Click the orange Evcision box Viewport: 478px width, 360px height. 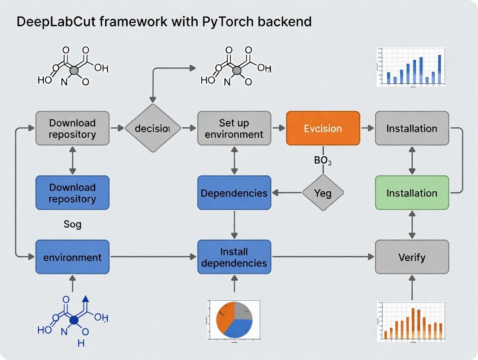(323, 128)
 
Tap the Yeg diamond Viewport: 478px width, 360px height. (323, 193)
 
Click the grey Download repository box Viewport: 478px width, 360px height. (72, 128)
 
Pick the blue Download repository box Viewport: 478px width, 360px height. (72, 193)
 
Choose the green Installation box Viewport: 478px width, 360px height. (411, 193)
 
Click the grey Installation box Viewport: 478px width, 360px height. (411, 128)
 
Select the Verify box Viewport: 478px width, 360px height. (411, 257)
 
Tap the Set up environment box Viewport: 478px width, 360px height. (234, 128)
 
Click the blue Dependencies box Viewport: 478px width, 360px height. (234, 193)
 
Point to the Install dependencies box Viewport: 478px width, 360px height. (234, 257)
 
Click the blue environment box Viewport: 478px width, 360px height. (72, 257)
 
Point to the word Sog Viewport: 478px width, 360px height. (72, 225)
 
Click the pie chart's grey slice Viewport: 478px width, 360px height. (243, 311)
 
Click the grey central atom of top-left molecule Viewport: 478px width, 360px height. (74, 70)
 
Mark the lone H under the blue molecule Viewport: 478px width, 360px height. (81, 343)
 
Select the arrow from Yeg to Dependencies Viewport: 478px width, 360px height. (286, 193)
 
